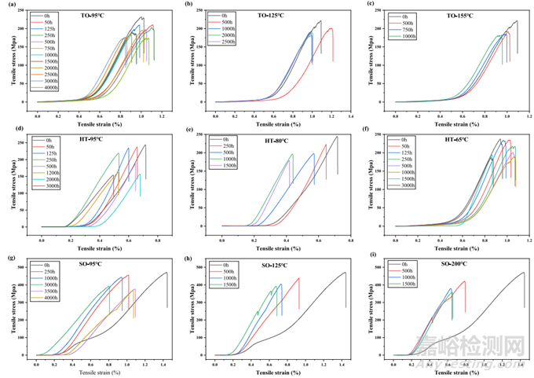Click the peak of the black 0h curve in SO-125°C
[345, 273]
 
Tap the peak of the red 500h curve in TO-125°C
[331, 29]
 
